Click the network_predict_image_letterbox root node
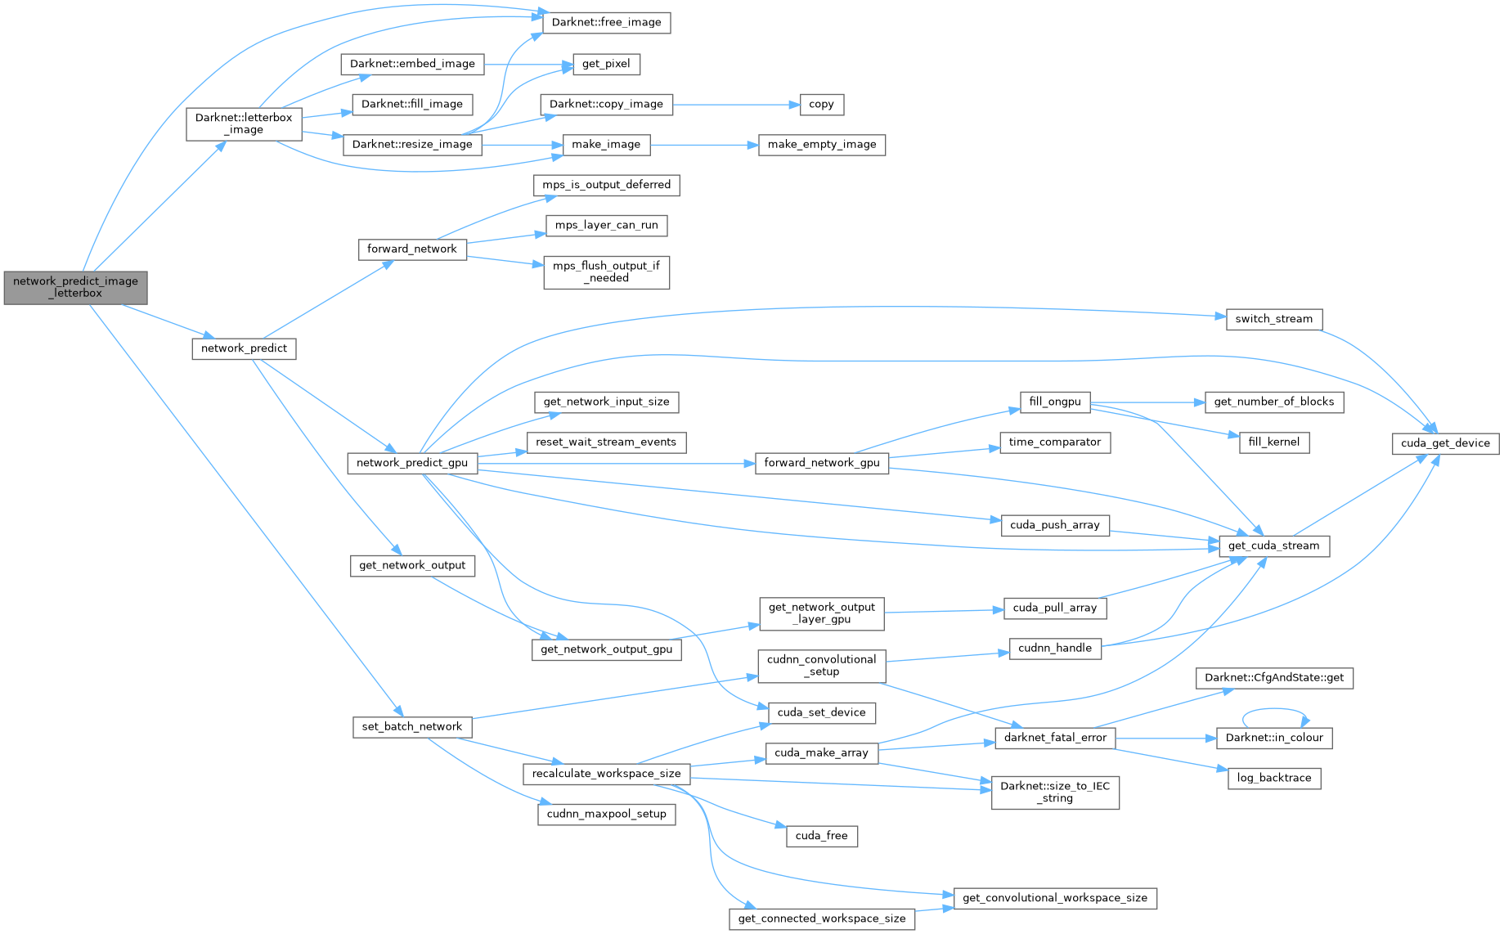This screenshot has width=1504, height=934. tap(75, 287)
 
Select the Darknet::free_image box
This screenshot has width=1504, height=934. tap(606, 22)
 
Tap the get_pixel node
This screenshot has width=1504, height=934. tap(606, 64)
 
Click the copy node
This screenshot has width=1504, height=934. tap(821, 104)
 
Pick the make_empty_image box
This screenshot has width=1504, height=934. tap(822, 144)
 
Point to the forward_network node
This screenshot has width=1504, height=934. tap(411, 249)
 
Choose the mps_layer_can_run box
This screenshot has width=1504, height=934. tap(606, 225)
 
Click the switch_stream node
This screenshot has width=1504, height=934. tap(1273, 319)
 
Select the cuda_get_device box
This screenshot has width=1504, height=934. tap(1445, 442)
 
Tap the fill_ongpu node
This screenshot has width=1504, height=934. tap(1055, 402)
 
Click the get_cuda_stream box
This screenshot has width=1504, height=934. tap(1273, 546)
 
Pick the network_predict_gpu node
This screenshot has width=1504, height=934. tap(412, 463)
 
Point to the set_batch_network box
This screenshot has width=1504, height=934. tap(412, 726)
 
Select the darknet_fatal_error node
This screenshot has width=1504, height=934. tap(1055, 738)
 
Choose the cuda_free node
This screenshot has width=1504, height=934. tap(821, 836)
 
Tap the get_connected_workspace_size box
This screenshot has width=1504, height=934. tap(821, 918)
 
